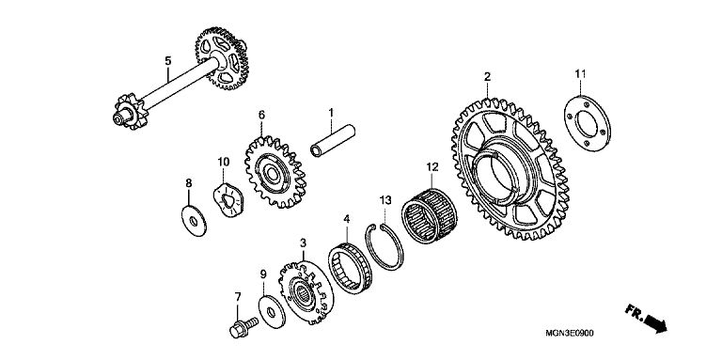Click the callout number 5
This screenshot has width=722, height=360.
[168, 61]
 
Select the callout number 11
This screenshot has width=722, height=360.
[580, 73]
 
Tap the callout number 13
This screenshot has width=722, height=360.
[385, 200]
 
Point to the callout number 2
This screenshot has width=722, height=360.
[487, 76]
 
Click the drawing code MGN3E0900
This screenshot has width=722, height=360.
[570, 333]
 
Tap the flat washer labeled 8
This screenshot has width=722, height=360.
[194, 221]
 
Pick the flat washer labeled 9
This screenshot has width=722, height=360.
[272, 313]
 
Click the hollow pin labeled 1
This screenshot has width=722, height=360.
[333, 140]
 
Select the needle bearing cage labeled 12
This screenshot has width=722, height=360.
[429, 214]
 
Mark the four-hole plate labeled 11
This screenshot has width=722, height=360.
[588, 123]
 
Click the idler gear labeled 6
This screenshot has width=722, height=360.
[275, 172]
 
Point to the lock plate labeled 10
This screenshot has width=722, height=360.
[228, 200]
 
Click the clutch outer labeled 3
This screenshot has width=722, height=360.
[306, 292]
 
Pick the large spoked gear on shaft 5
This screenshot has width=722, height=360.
[223, 58]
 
